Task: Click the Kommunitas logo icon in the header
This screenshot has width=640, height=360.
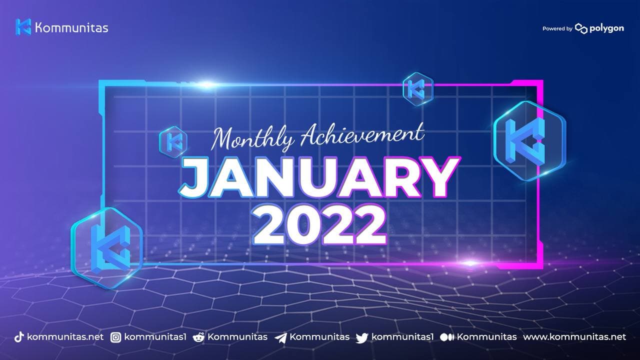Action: click(x=23, y=27)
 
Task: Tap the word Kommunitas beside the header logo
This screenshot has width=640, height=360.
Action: click(x=71, y=28)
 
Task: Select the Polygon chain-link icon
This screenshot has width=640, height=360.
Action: click(x=581, y=28)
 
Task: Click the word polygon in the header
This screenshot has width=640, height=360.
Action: click(x=607, y=29)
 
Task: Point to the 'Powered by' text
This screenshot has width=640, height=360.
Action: click(x=557, y=28)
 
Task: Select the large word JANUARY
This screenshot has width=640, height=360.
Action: click(x=319, y=178)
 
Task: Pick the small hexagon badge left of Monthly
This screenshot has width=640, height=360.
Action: click(x=173, y=142)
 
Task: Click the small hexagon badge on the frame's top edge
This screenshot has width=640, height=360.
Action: click(x=417, y=89)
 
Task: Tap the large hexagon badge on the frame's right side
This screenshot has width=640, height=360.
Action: click(x=529, y=141)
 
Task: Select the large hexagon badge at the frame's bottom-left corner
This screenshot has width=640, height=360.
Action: click(x=106, y=248)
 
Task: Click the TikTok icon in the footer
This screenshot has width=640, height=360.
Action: click(x=19, y=337)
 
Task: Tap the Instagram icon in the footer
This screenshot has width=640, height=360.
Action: click(x=115, y=337)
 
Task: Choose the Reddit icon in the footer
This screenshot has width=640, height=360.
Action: click(x=198, y=337)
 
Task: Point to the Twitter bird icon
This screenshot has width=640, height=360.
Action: click(x=362, y=338)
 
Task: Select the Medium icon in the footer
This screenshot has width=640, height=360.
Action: click(x=447, y=337)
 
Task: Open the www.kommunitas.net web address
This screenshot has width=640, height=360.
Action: click(x=574, y=337)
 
